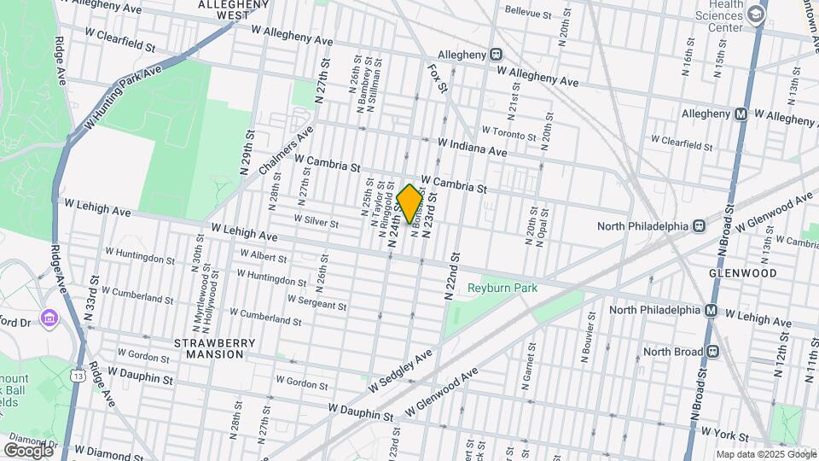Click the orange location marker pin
409,203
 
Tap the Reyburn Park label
502,289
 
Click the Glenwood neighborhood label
742,273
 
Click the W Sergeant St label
317,302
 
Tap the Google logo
28,450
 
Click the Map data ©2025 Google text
764,454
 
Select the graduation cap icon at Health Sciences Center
756,15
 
